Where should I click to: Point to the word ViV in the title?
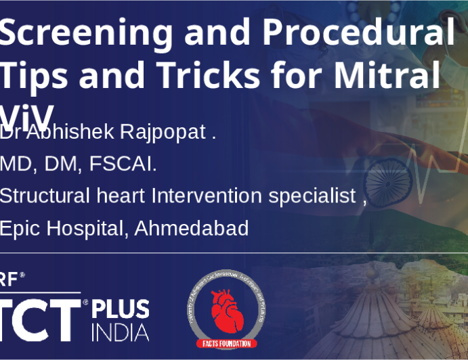pos(27,114)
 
